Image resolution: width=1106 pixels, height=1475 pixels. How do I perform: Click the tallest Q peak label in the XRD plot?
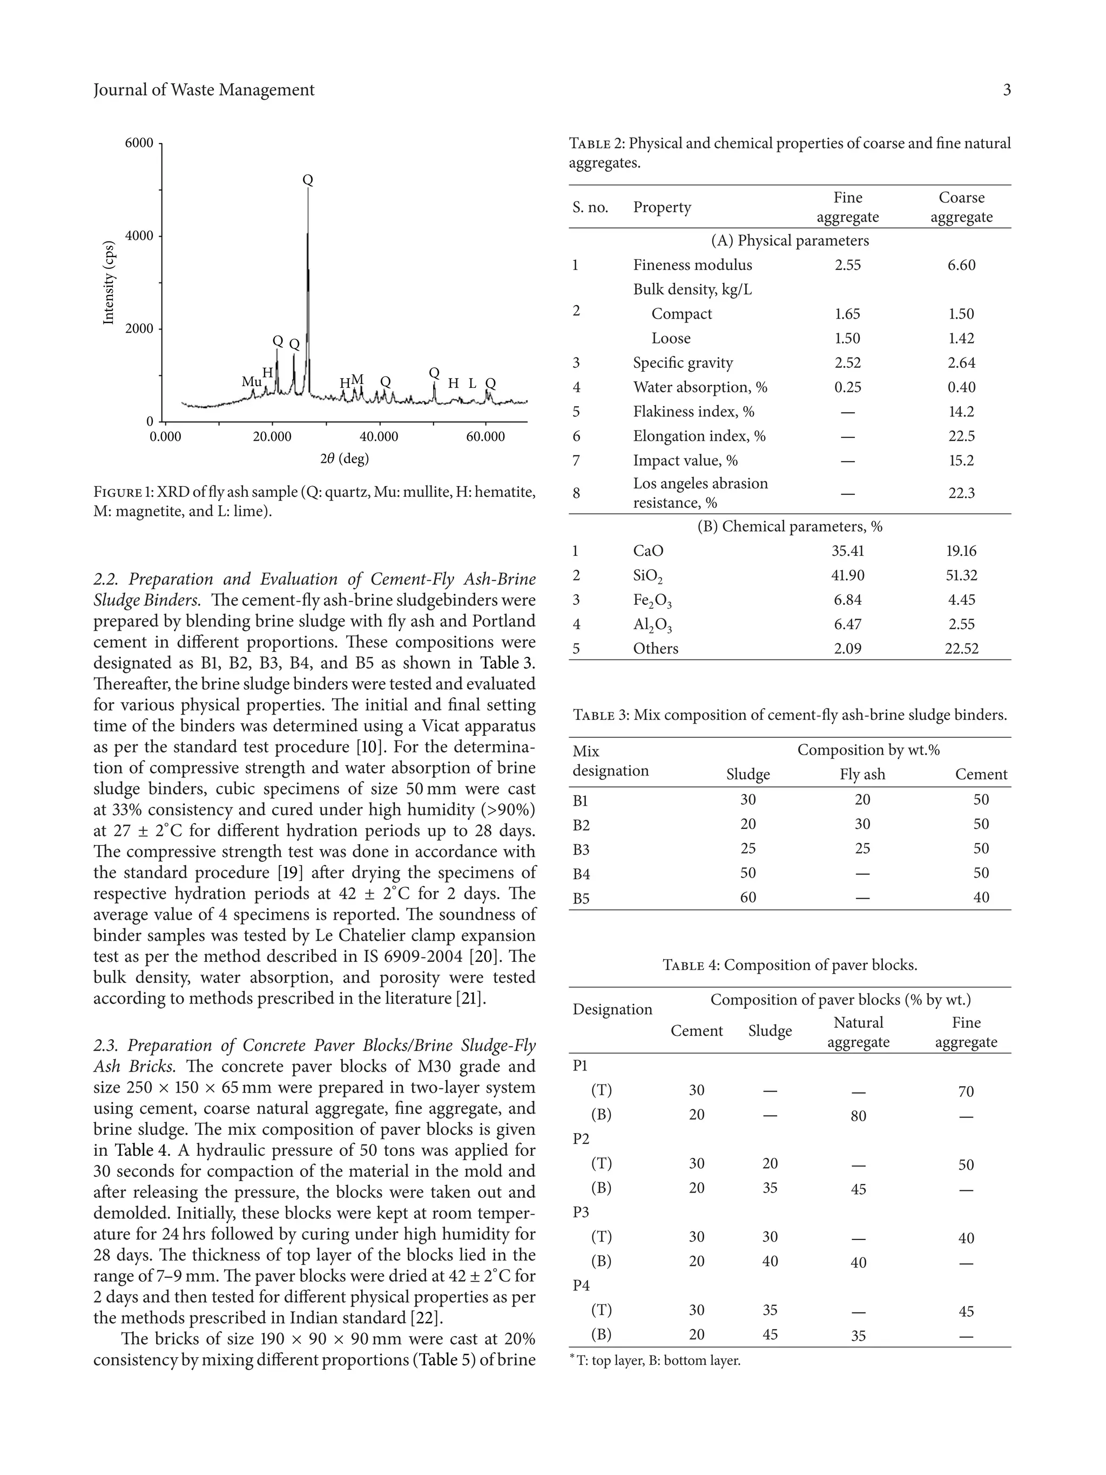[307, 180]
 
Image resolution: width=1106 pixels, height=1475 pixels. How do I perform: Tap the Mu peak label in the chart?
[251, 382]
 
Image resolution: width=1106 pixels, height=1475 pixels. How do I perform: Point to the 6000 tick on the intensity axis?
[139, 143]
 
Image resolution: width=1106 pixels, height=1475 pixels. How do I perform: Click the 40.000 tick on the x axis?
[379, 437]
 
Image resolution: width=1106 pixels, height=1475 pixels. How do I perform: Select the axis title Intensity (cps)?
[109, 282]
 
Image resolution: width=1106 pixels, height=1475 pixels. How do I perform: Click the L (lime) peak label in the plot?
[472, 383]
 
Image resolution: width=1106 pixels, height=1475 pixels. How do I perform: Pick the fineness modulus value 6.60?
[961, 265]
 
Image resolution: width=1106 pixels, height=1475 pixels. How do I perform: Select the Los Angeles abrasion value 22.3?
[961, 494]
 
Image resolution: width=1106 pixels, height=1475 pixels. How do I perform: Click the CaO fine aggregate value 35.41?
[847, 551]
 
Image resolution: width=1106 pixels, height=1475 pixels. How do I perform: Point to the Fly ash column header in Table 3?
[862, 774]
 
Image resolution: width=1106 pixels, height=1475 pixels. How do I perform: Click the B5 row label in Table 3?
[581, 898]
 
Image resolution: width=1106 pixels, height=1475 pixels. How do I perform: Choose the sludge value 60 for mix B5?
[748, 898]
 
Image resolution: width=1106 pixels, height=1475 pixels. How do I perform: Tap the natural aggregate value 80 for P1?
[858, 1116]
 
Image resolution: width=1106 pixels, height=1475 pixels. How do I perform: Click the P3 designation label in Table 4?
[581, 1213]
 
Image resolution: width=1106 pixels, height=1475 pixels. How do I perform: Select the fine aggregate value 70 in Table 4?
[966, 1092]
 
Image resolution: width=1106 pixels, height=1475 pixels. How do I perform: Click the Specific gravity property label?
[683, 363]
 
